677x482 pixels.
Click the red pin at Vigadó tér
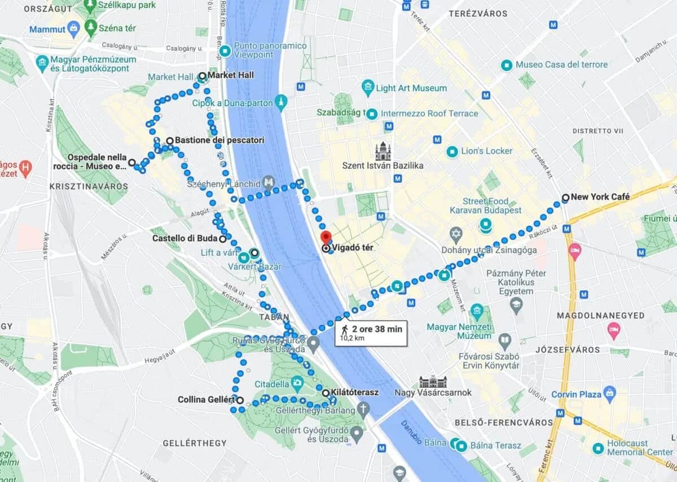pos(326,237)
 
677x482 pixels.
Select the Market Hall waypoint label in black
pos(231,75)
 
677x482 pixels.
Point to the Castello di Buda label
pos(184,238)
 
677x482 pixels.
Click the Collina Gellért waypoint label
pos(206,400)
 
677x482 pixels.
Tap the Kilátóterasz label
pos(355,392)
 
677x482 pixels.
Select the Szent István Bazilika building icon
pos(383,151)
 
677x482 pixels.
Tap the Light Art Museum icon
pos(368,87)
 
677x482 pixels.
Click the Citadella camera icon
pos(297,383)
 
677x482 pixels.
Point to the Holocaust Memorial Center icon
pos(599,448)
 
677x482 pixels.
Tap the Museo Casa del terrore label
pos(561,64)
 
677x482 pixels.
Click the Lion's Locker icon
pos(452,151)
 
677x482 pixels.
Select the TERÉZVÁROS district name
pos(478,13)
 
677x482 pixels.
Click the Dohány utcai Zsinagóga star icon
pos(456,233)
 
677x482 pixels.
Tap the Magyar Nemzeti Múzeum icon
pos(477,310)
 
